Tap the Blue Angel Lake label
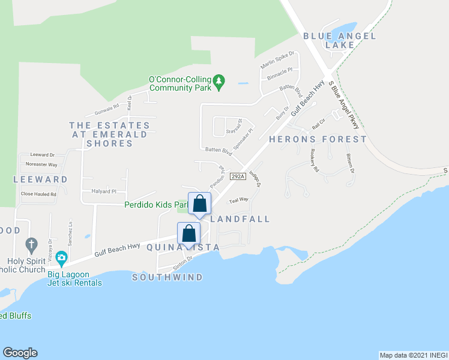coord(340,40)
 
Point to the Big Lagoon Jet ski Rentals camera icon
coord(61,259)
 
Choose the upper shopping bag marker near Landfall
coord(200,204)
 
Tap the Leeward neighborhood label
coord(41,179)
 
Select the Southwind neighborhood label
coord(167,277)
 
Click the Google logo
coord(20,353)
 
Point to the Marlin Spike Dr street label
coord(277,59)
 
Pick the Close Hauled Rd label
coord(38,194)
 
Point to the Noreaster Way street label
coord(41,164)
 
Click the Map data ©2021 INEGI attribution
coord(414,355)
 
